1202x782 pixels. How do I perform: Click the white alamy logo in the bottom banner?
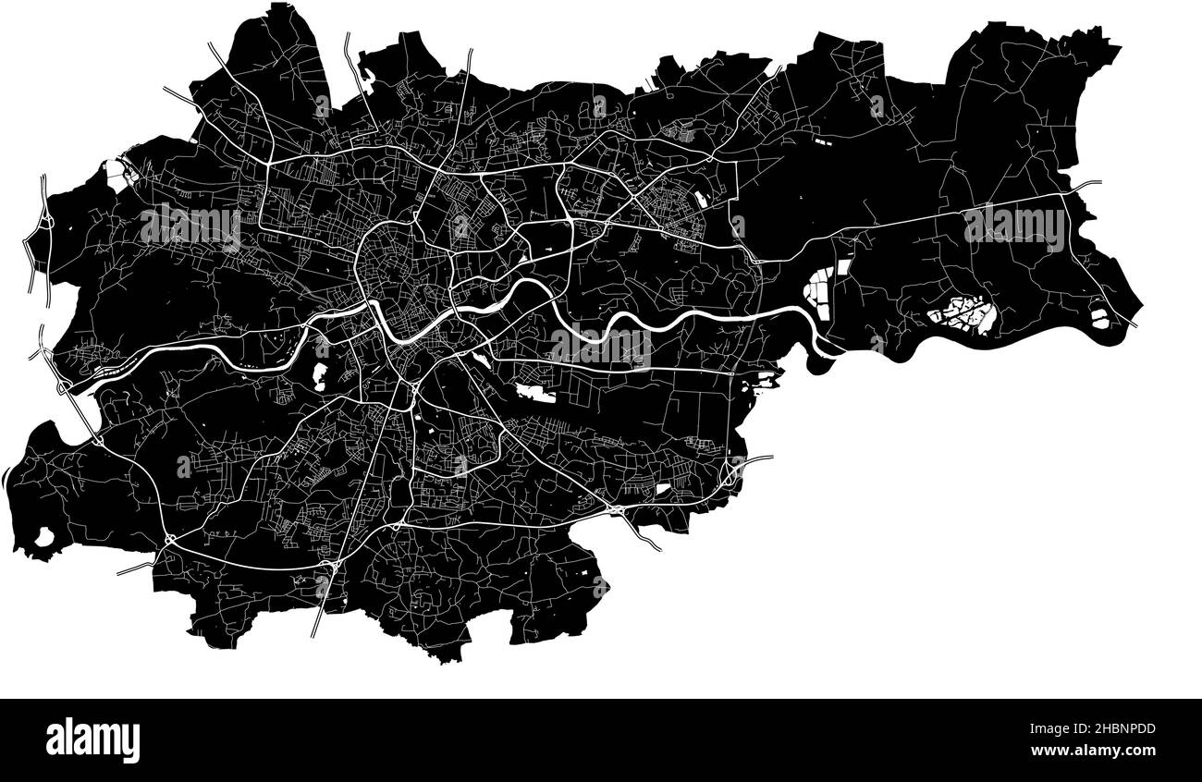tap(92, 739)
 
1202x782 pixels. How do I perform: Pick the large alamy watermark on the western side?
tap(190, 227)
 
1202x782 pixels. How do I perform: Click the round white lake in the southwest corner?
tap(43, 536)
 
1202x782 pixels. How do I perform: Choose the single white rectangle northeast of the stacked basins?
tap(842, 271)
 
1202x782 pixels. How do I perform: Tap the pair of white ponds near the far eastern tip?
tap(1099, 316)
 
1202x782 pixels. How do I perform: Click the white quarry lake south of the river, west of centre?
tap(320, 374)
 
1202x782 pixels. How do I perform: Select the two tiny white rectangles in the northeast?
tap(822, 142)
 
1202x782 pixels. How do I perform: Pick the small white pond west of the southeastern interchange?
tap(663, 488)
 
